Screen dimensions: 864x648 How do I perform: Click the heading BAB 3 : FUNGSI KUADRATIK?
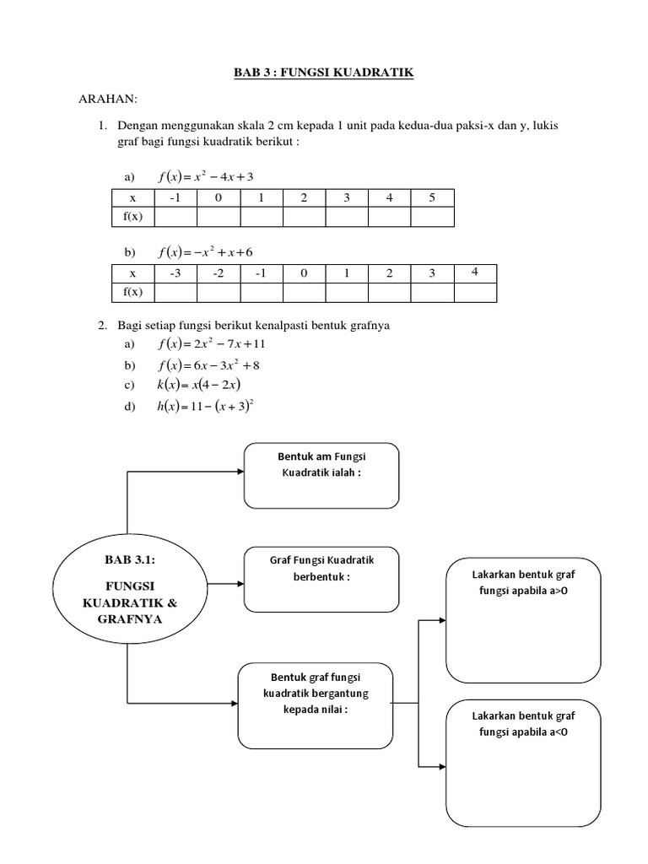[324, 73]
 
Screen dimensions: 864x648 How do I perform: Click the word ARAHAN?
[107, 100]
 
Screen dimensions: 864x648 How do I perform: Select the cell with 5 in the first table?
[432, 198]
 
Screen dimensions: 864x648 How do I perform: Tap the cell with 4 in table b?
[474, 273]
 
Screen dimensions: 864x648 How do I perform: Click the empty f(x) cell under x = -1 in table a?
[175, 217]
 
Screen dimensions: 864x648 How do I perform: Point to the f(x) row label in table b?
[132, 292]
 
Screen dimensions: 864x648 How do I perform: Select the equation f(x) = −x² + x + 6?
[205, 252]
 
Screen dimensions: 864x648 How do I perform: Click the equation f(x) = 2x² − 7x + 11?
[211, 344]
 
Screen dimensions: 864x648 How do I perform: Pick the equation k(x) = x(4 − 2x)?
[199, 385]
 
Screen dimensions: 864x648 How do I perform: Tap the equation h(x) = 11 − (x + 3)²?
[207, 406]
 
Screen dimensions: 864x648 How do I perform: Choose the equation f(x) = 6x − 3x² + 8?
[211, 364]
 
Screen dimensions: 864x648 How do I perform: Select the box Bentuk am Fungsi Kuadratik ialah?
[321, 475]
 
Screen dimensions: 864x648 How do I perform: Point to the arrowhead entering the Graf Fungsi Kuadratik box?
[240, 582]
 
